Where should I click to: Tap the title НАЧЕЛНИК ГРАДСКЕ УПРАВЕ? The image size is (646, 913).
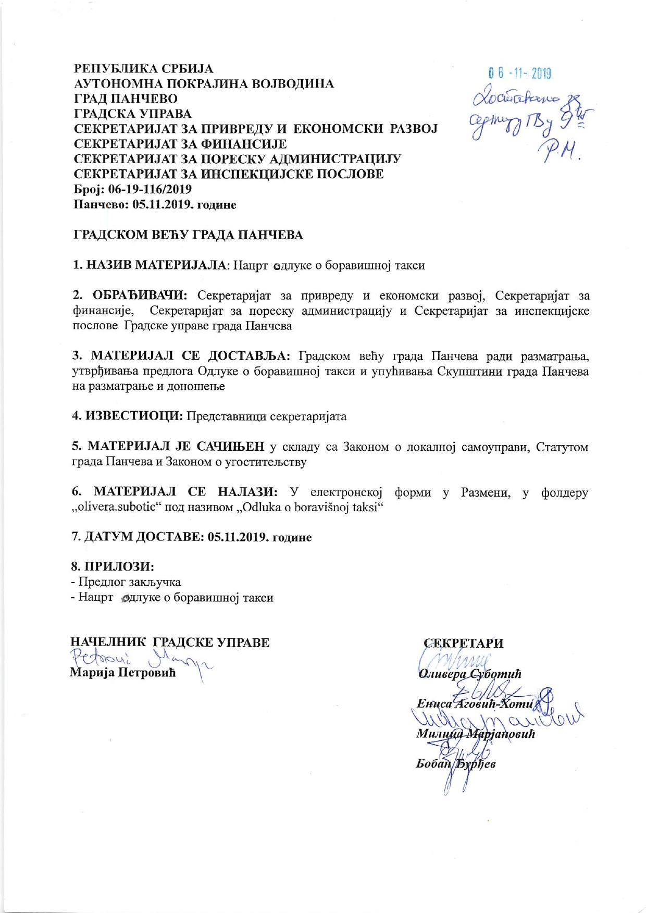(x=170, y=642)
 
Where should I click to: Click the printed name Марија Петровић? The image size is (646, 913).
(x=123, y=673)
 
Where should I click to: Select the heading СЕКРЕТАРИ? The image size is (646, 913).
(x=463, y=643)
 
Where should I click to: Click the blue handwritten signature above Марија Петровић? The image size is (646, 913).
(x=141, y=658)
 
